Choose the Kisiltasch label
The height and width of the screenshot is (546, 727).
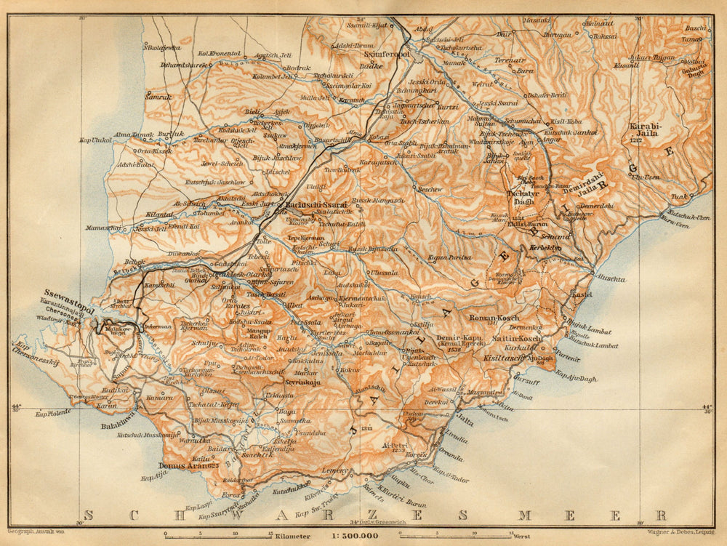502,358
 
